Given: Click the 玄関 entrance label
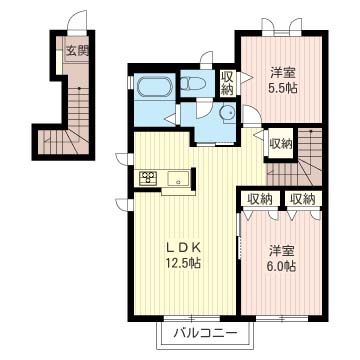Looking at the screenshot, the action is (77, 51).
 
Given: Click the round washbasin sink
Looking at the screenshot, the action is (228, 113).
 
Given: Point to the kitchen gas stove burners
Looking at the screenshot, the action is (147, 178).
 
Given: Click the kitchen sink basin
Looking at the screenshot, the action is (178, 179).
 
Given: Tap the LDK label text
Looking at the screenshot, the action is (183, 247).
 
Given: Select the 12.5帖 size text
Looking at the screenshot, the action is (183, 264).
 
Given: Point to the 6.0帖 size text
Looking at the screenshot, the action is (282, 266).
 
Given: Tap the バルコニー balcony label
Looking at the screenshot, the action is (207, 333).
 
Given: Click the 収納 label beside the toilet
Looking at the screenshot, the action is (227, 84).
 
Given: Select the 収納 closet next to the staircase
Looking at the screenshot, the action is (281, 144).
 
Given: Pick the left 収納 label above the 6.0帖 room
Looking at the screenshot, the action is (260, 199).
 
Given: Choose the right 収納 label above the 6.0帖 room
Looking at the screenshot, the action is (302, 199).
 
